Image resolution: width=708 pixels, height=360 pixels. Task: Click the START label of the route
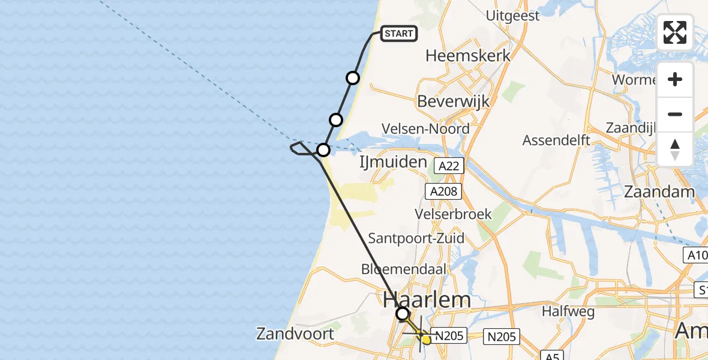[x=399, y=34]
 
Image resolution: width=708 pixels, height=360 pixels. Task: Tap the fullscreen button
[x=675, y=32]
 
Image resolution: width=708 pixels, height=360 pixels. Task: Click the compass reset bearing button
[x=675, y=149]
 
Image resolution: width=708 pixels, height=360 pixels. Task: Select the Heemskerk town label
[x=468, y=56]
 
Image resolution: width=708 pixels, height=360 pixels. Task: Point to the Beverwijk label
[x=454, y=101]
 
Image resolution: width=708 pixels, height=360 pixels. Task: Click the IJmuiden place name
[x=393, y=162]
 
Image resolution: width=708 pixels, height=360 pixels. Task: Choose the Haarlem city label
[x=427, y=299]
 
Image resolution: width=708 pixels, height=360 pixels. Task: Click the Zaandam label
[x=659, y=192]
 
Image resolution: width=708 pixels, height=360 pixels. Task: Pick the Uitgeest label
[x=514, y=16]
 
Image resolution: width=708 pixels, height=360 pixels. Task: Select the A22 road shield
[x=448, y=166]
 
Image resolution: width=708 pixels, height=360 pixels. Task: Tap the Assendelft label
[x=556, y=140]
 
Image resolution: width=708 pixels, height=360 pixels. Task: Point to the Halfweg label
[x=568, y=311]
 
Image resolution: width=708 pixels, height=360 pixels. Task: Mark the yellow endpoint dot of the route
[x=427, y=340]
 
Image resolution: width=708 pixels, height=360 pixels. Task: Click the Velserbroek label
[x=454, y=214]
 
